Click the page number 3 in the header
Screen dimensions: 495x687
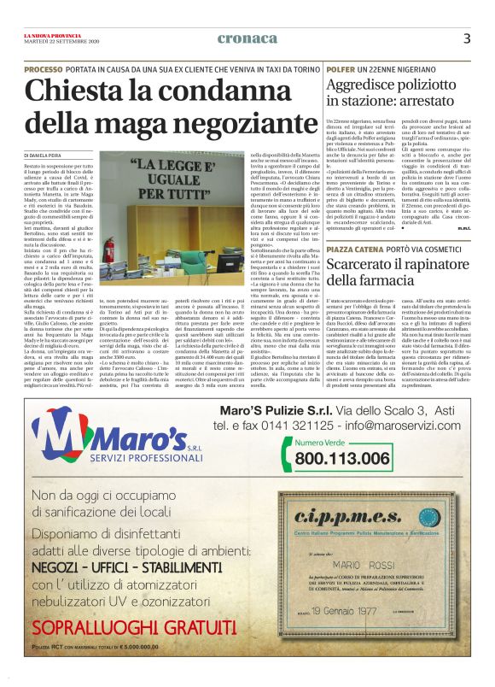tap(467, 38)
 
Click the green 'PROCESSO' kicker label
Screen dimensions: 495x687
tap(44, 68)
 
